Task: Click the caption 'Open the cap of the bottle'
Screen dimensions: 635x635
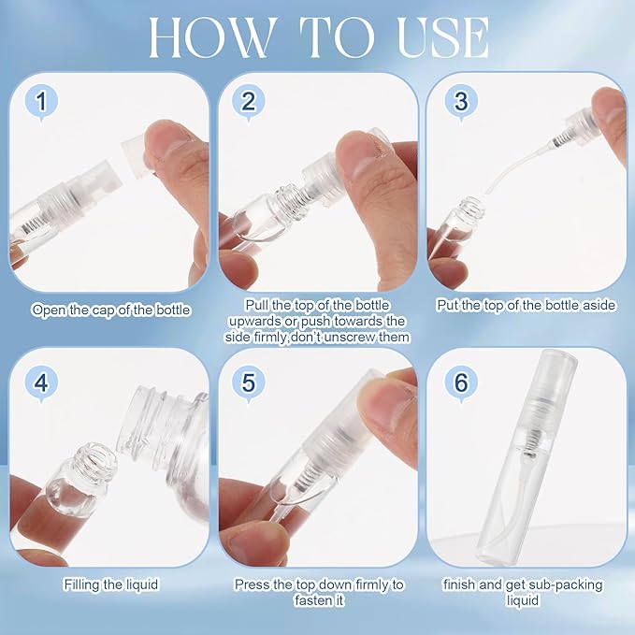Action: [111, 309]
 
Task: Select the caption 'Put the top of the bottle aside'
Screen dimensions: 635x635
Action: [527, 305]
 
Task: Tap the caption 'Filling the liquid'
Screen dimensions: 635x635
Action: [111, 584]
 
